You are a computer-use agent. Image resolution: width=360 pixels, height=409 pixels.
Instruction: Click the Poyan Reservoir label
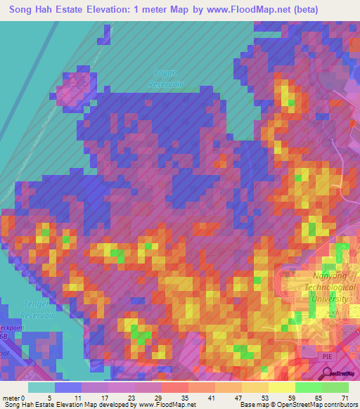point(166,78)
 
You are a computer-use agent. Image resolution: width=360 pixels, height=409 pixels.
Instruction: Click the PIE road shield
point(327,356)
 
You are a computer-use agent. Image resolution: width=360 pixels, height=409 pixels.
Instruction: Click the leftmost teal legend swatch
point(41,387)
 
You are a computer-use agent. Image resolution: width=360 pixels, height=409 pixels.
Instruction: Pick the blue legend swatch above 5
point(68,387)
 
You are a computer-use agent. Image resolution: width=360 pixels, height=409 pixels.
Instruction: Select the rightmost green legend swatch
point(335,387)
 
